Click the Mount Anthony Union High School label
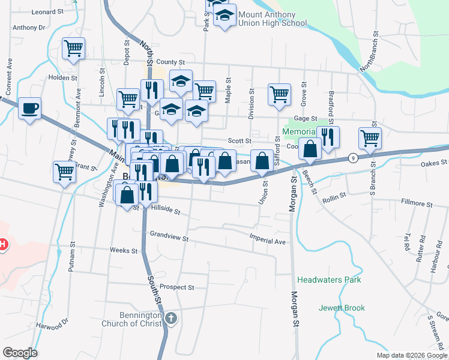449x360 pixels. pos(273,19)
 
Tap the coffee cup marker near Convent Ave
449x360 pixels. pos(29,109)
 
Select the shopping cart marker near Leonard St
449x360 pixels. pos(73,48)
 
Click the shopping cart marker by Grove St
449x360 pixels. pos(279,94)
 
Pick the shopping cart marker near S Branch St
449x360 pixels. pos(370,138)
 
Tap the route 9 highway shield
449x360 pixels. pos(352,158)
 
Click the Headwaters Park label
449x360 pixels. pos(329,280)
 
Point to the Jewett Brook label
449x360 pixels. pos(342,308)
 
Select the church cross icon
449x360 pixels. pos(172,318)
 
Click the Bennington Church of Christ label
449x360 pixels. pos(140,319)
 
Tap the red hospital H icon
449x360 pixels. pos(2,244)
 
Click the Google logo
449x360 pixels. pos(20,352)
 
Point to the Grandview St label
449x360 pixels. pos(169,236)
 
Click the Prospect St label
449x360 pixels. pos(176,287)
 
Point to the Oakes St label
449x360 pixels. pos(434,163)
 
